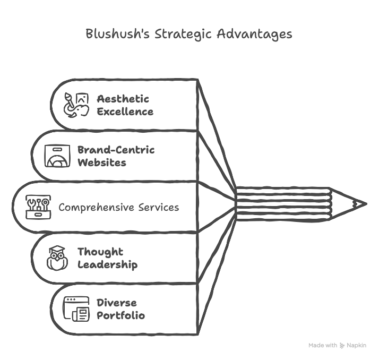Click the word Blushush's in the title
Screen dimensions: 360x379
tap(118, 35)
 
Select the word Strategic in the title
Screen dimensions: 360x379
tap(185, 35)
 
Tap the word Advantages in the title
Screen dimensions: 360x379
tap(255, 35)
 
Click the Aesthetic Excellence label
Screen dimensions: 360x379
tap(125, 105)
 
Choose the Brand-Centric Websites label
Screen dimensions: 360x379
tap(116, 156)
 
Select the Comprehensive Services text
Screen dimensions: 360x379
tap(118, 207)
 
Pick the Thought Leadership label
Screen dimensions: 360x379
tap(107, 258)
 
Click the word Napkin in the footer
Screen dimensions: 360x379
tap(357, 345)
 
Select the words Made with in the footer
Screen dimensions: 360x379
tap(322, 345)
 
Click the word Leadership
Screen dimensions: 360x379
tap(107, 264)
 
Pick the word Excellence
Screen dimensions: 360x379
tap(125, 112)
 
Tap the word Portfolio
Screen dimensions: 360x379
tap(120, 315)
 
